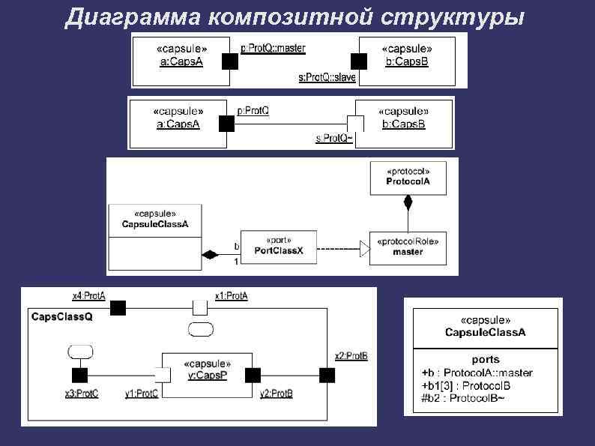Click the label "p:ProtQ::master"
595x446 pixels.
pos(273,48)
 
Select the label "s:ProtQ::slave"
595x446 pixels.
pos(327,77)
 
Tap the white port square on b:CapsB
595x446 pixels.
pos(355,122)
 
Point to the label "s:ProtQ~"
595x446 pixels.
pos(334,139)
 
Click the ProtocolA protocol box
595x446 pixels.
pos(408,177)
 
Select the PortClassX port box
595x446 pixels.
pos(279,246)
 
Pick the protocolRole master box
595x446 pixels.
pos(408,247)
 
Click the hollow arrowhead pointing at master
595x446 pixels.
pos(364,247)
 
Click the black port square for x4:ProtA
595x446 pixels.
pos(118,307)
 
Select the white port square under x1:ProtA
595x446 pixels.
pos(200,307)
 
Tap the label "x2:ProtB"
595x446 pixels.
pos(351,356)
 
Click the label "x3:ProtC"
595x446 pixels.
pos(82,394)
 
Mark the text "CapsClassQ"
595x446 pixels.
pos(62,317)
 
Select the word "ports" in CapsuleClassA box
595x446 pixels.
pos(486,359)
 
